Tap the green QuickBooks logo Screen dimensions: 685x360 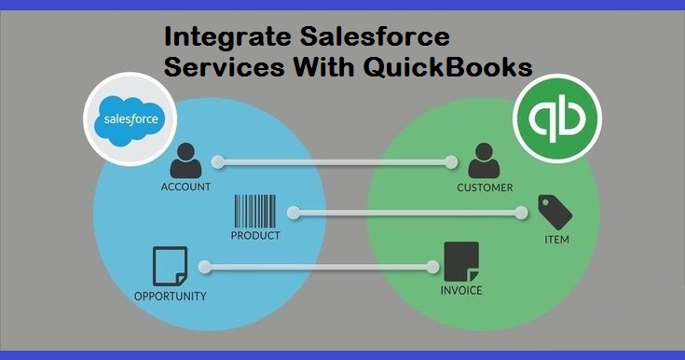coord(557,120)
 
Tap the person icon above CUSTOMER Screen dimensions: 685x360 coord(483,162)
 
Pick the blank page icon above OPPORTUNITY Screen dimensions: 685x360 coord(170,267)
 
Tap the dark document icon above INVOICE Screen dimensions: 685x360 coord(462,262)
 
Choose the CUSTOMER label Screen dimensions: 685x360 coord(485,187)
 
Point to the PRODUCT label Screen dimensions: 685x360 coord(255,236)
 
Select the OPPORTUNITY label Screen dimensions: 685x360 coord(170,297)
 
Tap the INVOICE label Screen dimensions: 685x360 coord(462,290)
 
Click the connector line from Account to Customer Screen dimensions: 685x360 coord(334,162)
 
